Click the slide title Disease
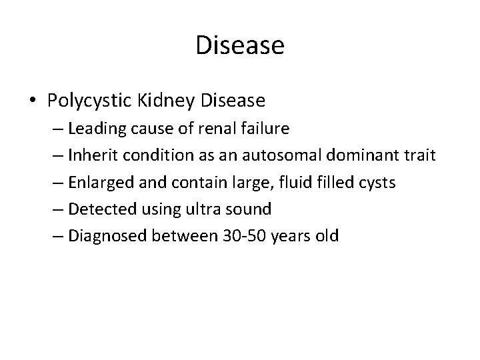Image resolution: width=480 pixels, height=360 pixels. click(240, 46)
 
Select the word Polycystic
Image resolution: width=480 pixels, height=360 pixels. click(91, 101)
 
